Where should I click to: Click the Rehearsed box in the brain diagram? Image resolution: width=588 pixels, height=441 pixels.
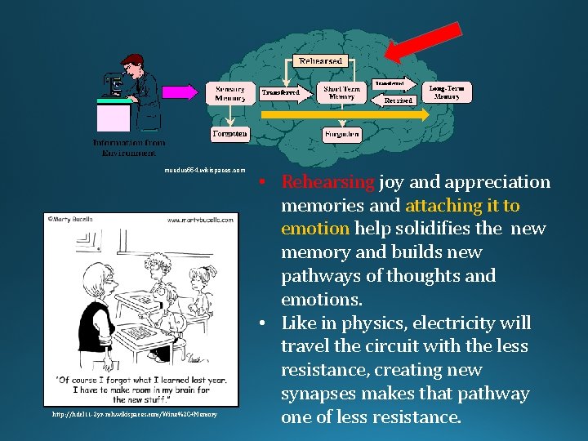tap(321, 61)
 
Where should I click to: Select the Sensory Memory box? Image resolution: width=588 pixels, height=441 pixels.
tap(229, 92)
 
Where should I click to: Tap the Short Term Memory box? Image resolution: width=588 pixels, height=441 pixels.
tap(341, 92)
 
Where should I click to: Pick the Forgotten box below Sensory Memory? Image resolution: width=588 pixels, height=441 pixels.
tap(229, 132)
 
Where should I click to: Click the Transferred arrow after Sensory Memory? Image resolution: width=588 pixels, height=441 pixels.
tap(280, 92)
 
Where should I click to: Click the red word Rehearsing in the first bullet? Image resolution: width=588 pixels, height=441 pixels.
tap(327, 181)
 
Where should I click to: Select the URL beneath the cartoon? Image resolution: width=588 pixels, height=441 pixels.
tap(136, 415)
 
